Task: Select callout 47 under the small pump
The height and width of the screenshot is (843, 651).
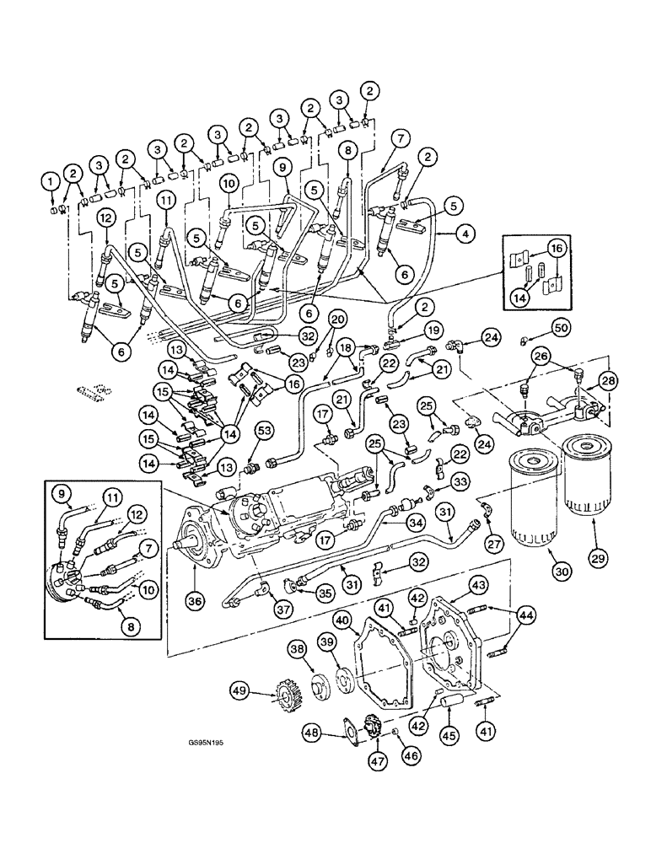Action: tap(365, 762)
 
